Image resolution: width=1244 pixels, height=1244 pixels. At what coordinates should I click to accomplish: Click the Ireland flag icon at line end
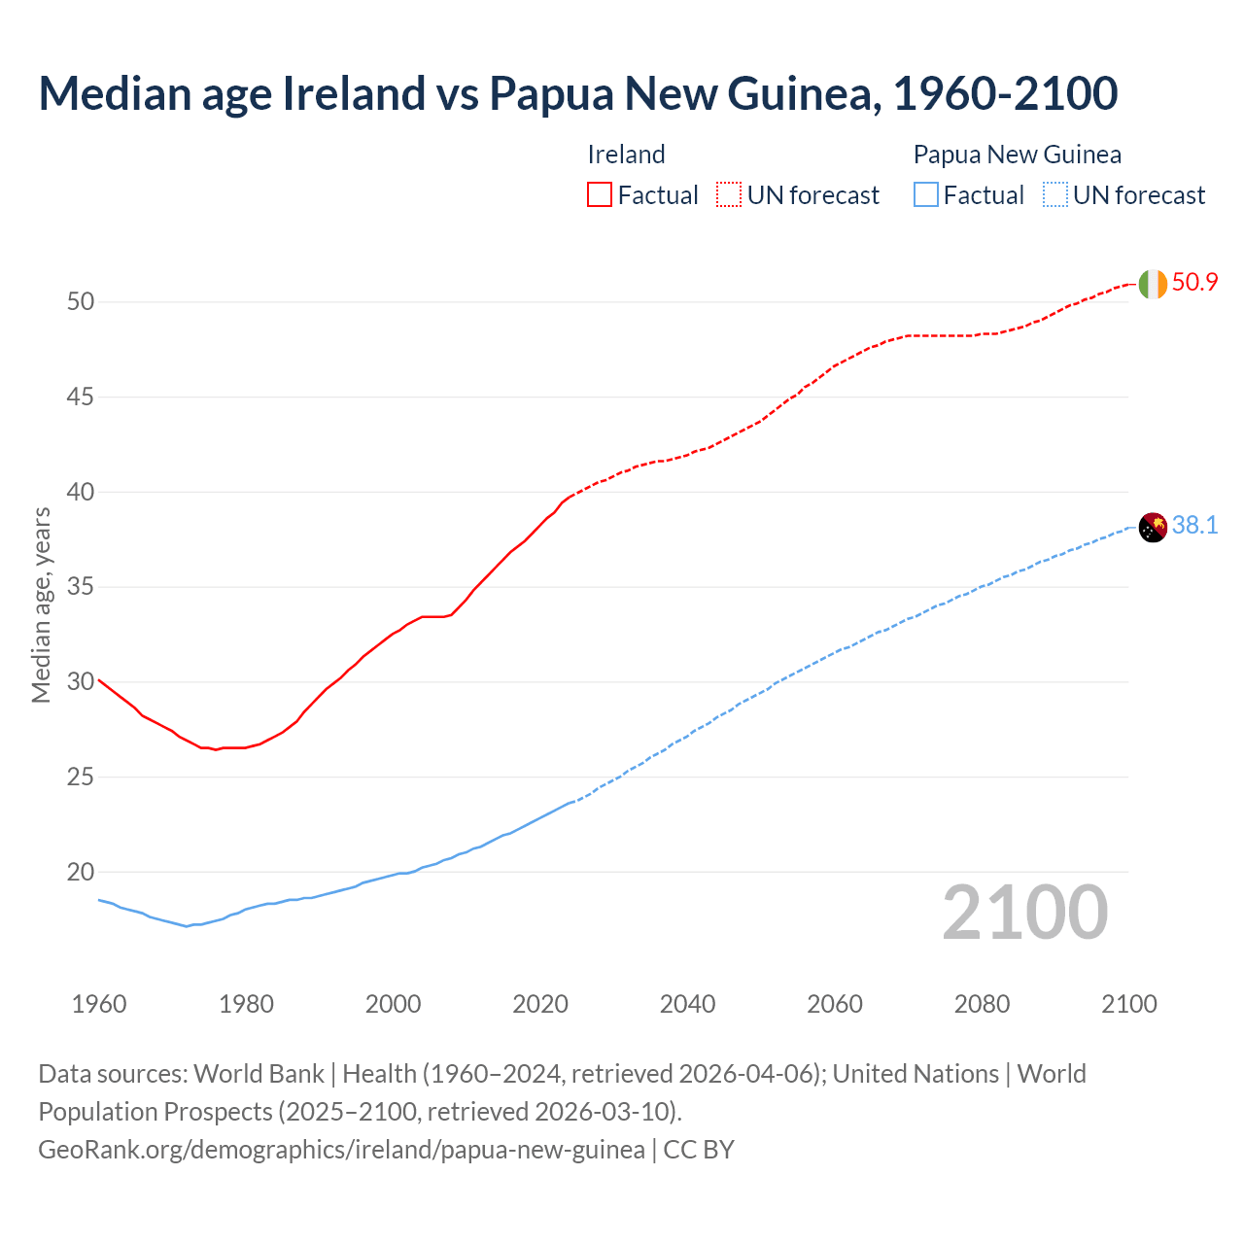coord(1152,284)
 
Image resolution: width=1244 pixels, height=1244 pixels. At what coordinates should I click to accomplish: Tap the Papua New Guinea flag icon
coord(1152,527)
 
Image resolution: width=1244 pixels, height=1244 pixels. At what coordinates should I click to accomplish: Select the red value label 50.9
coord(1194,283)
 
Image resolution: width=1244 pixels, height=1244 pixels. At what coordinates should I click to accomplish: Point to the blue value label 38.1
coord(1194,526)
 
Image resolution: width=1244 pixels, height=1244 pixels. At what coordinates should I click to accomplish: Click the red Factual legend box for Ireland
coord(600,195)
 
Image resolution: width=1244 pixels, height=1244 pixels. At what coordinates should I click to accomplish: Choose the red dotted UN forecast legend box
coord(729,195)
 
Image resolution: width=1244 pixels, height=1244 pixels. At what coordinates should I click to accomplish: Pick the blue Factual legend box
coord(926,195)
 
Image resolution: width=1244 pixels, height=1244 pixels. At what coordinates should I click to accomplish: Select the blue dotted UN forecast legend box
coord(1054,195)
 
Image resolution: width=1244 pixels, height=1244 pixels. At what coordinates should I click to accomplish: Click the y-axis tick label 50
coord(81,302)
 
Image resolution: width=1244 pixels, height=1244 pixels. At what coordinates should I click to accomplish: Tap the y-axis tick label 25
coord(81,777)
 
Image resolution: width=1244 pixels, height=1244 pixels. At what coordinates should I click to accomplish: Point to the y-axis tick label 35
coord(81,587)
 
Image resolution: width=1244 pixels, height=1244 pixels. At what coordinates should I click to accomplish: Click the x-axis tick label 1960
coord(99,1004)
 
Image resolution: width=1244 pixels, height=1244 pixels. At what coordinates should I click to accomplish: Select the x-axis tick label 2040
coord(687,1004)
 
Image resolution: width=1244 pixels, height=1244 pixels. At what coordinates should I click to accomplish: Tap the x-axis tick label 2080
coord(982,1004)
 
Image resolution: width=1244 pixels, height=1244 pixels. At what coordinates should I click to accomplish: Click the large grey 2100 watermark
coord(1024,913)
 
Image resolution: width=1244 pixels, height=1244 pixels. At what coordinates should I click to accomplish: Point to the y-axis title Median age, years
coord(42,605)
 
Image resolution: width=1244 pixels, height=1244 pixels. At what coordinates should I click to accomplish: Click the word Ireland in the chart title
coord(354,93)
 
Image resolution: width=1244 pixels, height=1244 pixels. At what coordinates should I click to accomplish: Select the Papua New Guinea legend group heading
coord(1017,155)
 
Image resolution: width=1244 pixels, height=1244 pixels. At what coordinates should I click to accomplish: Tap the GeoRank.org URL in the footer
coord(341,1150)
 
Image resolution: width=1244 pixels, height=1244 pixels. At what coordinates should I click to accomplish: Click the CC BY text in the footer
coord(699,1150)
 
